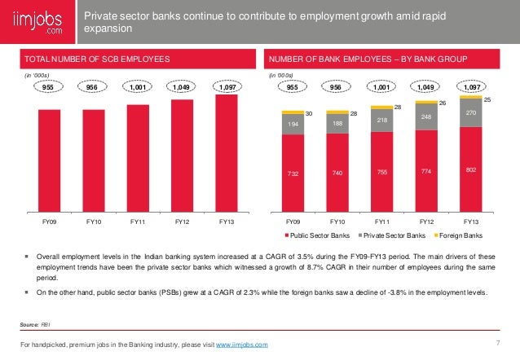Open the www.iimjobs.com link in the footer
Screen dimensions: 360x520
click(x=241, y=346)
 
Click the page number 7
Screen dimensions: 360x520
click(x=496, y=340)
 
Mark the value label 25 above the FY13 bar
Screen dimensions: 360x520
click(x=487, y=99)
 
